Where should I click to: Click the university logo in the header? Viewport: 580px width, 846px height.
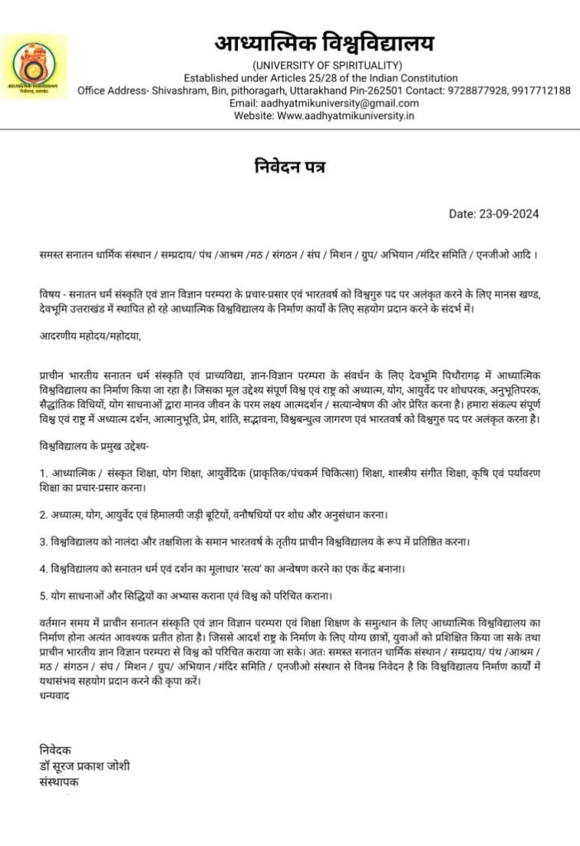[x=34, y=66]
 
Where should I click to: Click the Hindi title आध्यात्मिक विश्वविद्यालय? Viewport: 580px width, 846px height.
[x=324, y=43]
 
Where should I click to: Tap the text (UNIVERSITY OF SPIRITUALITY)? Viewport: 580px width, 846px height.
[x=328, y=65]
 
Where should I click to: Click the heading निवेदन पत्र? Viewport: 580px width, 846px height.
[x=290, y=167]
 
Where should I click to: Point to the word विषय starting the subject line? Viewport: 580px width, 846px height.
[x=50, y=295]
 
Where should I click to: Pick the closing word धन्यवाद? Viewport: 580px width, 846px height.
[x=55, y=696]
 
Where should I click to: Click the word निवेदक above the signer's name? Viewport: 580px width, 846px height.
[x=55, y=750]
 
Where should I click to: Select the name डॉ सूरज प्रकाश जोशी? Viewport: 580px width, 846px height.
[x=84, y=766]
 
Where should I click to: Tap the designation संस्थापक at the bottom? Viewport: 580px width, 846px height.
[x=59, y=781]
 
